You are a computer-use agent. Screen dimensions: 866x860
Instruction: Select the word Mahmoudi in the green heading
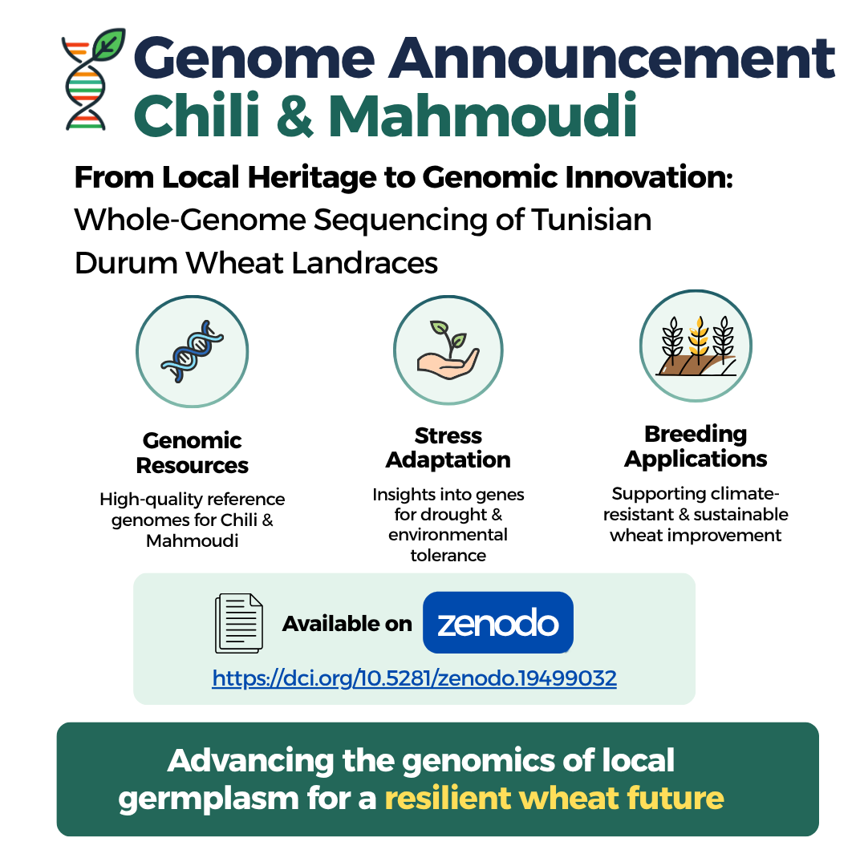483,116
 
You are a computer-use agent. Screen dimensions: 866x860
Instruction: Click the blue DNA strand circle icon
192,352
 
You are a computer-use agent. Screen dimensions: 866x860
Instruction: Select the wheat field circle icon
696,346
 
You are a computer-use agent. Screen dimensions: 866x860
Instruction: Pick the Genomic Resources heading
192,453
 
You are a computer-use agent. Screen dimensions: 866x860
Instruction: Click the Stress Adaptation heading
448,447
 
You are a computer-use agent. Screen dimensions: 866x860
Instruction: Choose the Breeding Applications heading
696,446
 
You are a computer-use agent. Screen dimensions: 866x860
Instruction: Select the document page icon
238,623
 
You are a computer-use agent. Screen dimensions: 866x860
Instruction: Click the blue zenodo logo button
497,622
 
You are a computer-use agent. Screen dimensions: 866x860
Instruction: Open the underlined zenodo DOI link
414,678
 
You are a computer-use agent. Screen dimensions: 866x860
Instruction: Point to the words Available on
347,624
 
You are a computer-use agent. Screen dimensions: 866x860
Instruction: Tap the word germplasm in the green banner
207,798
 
